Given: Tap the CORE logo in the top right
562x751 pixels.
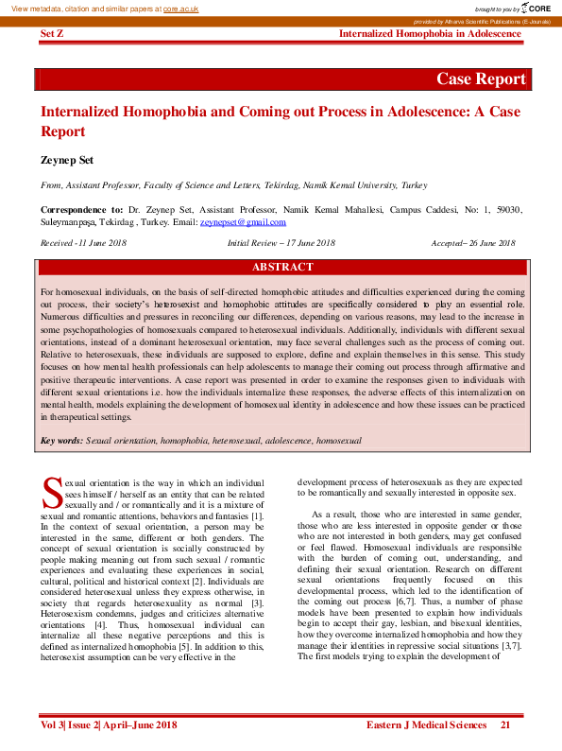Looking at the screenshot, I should click(x=536, y=8).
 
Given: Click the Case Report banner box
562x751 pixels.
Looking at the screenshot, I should click(x=480, y=79).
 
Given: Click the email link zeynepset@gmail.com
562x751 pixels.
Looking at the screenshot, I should click(x=243, y=222).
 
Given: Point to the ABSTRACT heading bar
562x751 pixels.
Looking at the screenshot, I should click(x=282, y=268).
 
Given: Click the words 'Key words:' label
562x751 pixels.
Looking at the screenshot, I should click(x=62, y=441).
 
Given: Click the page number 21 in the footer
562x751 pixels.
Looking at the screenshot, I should click(x=506, y=725).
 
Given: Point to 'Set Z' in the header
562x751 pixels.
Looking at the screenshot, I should click(x=52, y=34).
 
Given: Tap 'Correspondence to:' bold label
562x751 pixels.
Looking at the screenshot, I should click(x=82, y=209).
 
